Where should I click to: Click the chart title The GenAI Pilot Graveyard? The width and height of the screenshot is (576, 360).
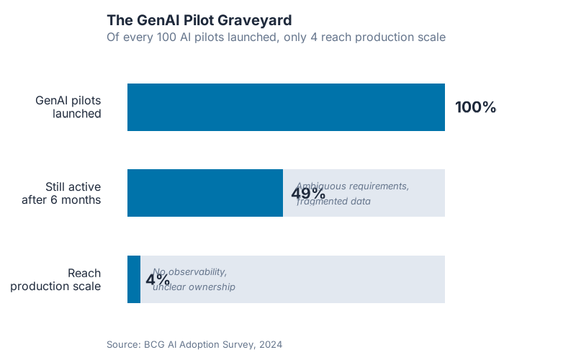point(199,20)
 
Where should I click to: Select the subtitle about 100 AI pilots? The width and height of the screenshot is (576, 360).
point(276,37)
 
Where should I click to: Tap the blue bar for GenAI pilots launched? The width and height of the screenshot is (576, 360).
point(286,107)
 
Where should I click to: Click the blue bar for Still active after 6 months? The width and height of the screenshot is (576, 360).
point(205,193)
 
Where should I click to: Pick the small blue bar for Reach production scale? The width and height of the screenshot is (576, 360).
point(134,279)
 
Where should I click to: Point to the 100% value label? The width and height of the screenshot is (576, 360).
point(476,107)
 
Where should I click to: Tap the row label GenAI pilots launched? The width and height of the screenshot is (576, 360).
point(68,107)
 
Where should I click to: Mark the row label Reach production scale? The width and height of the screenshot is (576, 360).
point(56,279)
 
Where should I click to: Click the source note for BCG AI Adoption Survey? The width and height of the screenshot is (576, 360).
point(194,345)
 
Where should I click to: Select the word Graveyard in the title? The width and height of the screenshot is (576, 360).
point(260,20)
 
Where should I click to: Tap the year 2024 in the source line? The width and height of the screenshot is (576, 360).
point(271,345)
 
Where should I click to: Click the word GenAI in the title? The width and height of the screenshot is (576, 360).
point(153,20)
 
